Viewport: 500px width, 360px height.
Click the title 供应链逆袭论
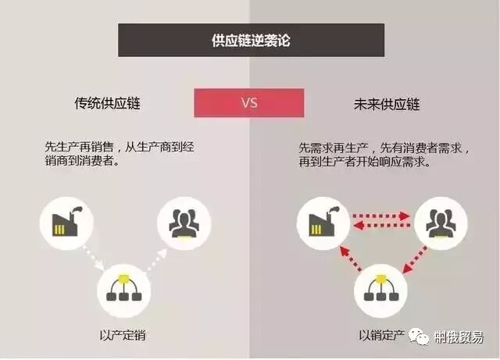251,40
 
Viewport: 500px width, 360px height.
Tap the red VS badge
249,102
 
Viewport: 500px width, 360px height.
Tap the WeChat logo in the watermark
423,337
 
